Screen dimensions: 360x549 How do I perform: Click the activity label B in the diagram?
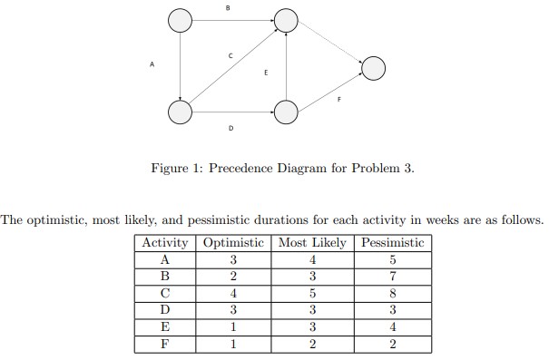pyautogui.click(x=228, y=7)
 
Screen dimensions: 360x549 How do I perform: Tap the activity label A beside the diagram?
pyautogui.click(x=152, y=64)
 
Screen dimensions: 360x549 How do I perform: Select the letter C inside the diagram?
pyautogui.click(x=230, y=56)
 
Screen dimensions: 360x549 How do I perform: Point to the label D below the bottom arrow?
pyautogui.click(x=230, y=129)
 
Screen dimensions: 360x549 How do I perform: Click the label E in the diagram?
pyautogui.click(x=266, y=72)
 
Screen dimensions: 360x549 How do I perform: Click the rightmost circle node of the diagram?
pyautogui.click(x=373, y=68)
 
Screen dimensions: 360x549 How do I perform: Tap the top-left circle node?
pyautogui.click(x=180, y=21)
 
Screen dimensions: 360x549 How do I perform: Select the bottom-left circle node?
pyautogui.click(x=180, y=112)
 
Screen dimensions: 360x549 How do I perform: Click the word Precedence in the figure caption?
pyautogui.click(x=248, y=168)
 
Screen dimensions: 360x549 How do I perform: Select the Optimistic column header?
pyautogui.click(x=233, y=243)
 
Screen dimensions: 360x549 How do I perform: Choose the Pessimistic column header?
pyautogui.click(x=392, y=243)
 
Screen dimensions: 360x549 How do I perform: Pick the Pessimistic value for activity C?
pyautogui.click(x=392, y=293)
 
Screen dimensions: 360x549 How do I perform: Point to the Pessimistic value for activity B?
pyautogui.click(x=392, y=277)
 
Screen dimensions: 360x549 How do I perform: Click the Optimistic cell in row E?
pyautogui.click(x=233, y=326)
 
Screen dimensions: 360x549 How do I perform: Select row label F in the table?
pyautogui.click(x=164, y=344)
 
